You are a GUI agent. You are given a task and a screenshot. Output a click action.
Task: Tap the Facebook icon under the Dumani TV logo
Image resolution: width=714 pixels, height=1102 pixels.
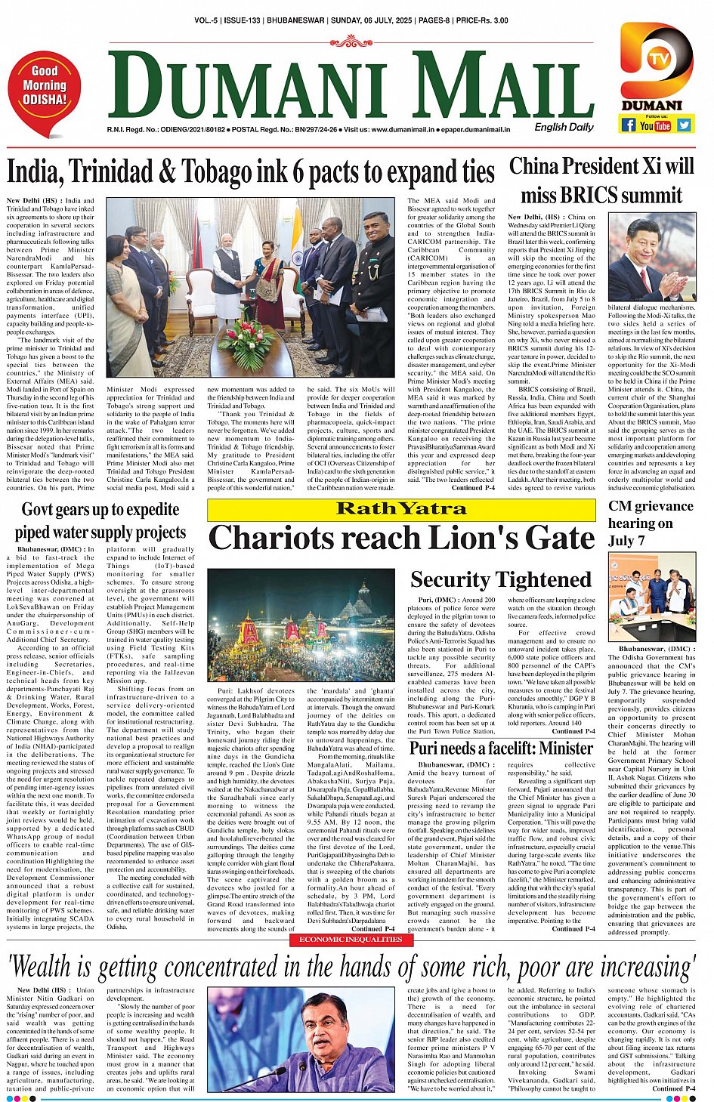click(x=628, y=125)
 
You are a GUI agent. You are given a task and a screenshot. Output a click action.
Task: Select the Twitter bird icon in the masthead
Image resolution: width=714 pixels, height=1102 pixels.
click(x=684, y=125)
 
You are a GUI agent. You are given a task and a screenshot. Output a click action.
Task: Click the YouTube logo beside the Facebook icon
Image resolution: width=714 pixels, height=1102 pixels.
click(x=655, y=125)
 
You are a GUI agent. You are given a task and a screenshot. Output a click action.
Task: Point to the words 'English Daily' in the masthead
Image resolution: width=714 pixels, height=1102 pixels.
click(x=564, y=127)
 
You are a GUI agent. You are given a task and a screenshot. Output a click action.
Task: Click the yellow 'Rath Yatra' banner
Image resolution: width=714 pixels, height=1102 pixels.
click(x=401, y=509)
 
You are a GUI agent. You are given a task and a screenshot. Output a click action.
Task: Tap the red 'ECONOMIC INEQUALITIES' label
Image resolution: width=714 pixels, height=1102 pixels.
click(x=351, y=940)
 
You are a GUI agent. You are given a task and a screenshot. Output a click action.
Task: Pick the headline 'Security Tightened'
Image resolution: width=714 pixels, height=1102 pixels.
click(x=500, y=579)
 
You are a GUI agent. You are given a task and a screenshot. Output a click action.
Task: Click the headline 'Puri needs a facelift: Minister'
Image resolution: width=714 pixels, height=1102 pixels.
click(x=501, y=748)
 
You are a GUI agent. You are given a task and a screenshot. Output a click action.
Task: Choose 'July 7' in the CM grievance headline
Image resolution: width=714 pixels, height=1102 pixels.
click(x=626, y=541)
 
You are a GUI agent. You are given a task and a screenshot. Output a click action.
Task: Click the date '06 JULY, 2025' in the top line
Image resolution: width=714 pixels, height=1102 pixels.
click(x=363, y=20)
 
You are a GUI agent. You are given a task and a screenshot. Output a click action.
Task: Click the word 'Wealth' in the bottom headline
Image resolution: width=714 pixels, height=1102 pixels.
click(x=57, y=966)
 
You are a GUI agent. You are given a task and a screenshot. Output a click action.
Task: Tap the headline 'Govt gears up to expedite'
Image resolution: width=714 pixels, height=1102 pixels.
click(x=100, y=510)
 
